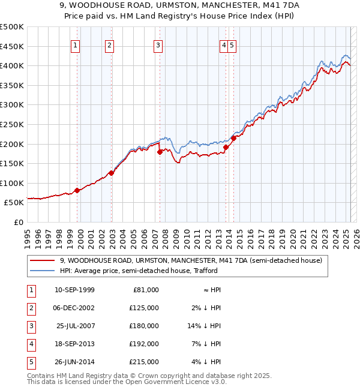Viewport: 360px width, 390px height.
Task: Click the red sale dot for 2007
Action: coord(160,152)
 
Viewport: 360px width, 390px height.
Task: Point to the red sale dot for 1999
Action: coord(77,191)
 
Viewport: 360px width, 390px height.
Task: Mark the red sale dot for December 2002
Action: coord(111,173)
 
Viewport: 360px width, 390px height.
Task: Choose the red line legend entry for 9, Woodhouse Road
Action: coord(191,260)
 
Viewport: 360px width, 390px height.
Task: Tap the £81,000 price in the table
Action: coord(145,290)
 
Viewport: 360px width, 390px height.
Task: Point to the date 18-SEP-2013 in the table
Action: coord(75,344)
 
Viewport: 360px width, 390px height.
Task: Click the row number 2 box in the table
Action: coord(31,308)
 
